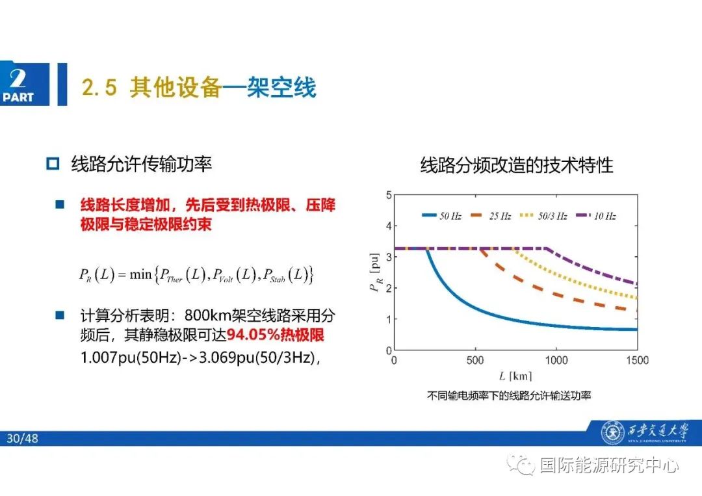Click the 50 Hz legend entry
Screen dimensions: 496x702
tap(442, 216)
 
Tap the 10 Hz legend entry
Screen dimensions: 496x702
tap(594, 216)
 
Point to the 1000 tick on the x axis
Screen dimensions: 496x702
tap(556, 360)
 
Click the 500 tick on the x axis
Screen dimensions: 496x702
tap(475, 360)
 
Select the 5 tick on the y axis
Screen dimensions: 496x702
tap(389, 194)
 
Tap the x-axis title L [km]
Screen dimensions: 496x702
tap(515, 375)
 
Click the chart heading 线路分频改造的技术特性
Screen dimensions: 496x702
tap(516, 165)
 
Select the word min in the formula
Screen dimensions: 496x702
tap(140, 274)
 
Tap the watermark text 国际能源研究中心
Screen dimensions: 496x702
tap(609, 465)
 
